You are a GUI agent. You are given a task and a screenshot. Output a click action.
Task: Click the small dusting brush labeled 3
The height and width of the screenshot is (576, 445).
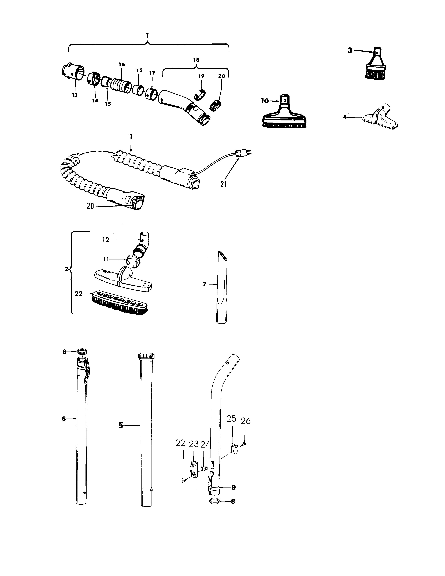point(375,66)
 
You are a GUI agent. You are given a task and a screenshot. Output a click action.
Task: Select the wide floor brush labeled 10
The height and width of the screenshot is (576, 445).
point(284,116)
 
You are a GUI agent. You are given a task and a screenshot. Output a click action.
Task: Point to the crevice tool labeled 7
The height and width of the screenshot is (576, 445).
point(222,287)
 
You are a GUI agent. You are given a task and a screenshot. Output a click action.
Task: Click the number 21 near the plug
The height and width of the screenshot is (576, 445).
point(224,184)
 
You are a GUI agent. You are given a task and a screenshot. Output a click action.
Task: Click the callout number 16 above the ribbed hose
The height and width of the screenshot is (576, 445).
point(121,65)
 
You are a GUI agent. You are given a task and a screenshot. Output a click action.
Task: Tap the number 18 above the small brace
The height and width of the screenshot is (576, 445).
point(196,60)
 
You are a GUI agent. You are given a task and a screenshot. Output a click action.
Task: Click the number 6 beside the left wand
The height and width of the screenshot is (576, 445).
point(64,419)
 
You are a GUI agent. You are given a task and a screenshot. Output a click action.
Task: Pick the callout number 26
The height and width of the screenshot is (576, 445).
point(245,421)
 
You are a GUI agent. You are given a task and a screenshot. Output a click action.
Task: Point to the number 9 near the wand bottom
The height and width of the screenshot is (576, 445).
point(233,487)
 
